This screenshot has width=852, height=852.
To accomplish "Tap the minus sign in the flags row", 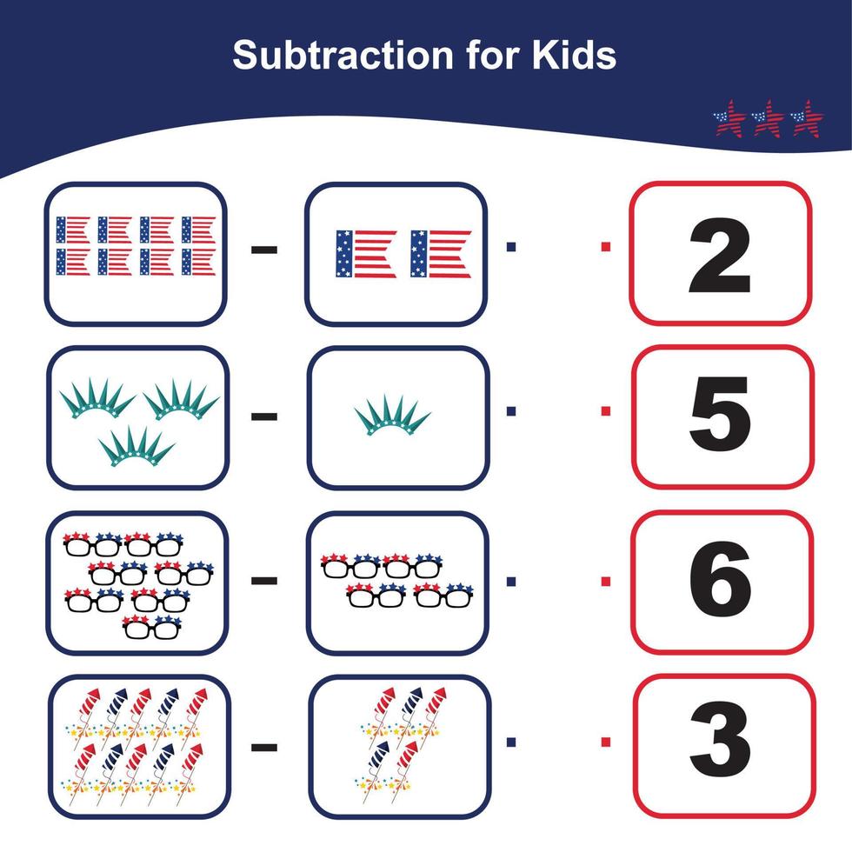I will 264,250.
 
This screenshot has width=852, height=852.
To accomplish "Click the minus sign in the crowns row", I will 264,416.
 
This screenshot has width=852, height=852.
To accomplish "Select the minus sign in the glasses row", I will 264,580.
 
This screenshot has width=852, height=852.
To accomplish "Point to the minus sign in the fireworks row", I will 264,746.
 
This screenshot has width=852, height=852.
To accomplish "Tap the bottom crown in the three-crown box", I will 131,445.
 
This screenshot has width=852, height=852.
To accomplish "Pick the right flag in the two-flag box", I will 440,254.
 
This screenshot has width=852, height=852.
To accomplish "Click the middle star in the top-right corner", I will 769,118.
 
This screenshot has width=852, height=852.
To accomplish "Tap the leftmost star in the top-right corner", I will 730,118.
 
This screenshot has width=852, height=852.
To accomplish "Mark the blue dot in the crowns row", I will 510,410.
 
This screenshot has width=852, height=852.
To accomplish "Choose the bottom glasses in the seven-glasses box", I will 151,627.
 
